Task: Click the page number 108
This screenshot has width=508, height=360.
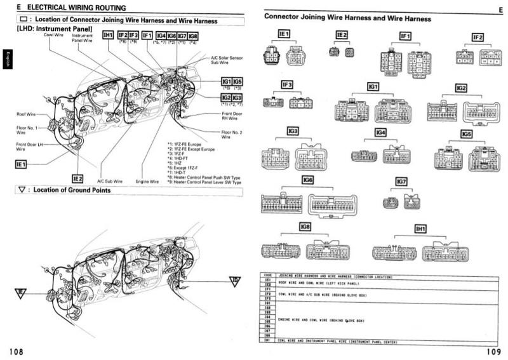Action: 18,350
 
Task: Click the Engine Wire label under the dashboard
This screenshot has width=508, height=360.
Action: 147,181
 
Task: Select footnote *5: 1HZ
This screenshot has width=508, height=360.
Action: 175,162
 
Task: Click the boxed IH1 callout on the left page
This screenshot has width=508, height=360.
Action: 108,36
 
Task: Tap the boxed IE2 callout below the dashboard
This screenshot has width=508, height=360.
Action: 77,179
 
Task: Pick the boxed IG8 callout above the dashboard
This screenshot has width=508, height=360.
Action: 193,37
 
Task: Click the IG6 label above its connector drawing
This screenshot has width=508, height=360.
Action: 308,180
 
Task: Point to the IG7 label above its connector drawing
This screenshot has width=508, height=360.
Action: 401,182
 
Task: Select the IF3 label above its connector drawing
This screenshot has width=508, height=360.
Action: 287,84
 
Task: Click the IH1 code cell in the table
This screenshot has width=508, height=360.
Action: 268,342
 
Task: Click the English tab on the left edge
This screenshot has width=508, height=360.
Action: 5,59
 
